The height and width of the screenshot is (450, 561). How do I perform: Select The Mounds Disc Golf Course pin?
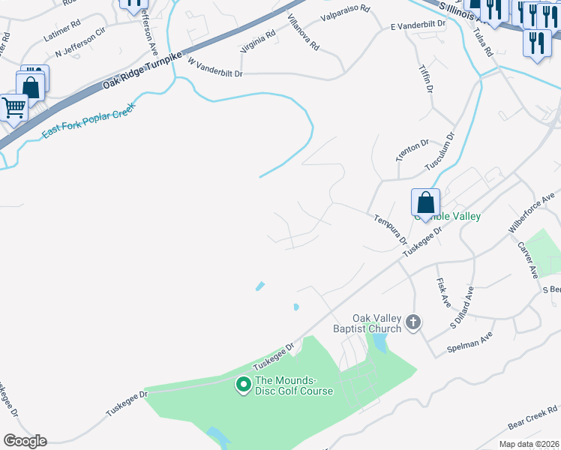[243, 385]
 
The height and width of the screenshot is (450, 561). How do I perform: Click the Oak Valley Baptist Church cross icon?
[412, 323]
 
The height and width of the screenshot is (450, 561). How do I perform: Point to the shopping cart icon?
[13, 107]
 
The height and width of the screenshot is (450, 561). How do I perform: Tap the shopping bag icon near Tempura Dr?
[425, 202]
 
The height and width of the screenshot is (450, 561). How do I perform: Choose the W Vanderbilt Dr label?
[216, 68]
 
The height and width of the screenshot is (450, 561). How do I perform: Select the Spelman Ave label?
[469, 341]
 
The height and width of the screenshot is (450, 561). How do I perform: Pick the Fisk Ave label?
[442, 293]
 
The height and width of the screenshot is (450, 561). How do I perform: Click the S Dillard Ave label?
[462, 307]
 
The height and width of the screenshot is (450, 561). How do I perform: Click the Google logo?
[25, 441]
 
